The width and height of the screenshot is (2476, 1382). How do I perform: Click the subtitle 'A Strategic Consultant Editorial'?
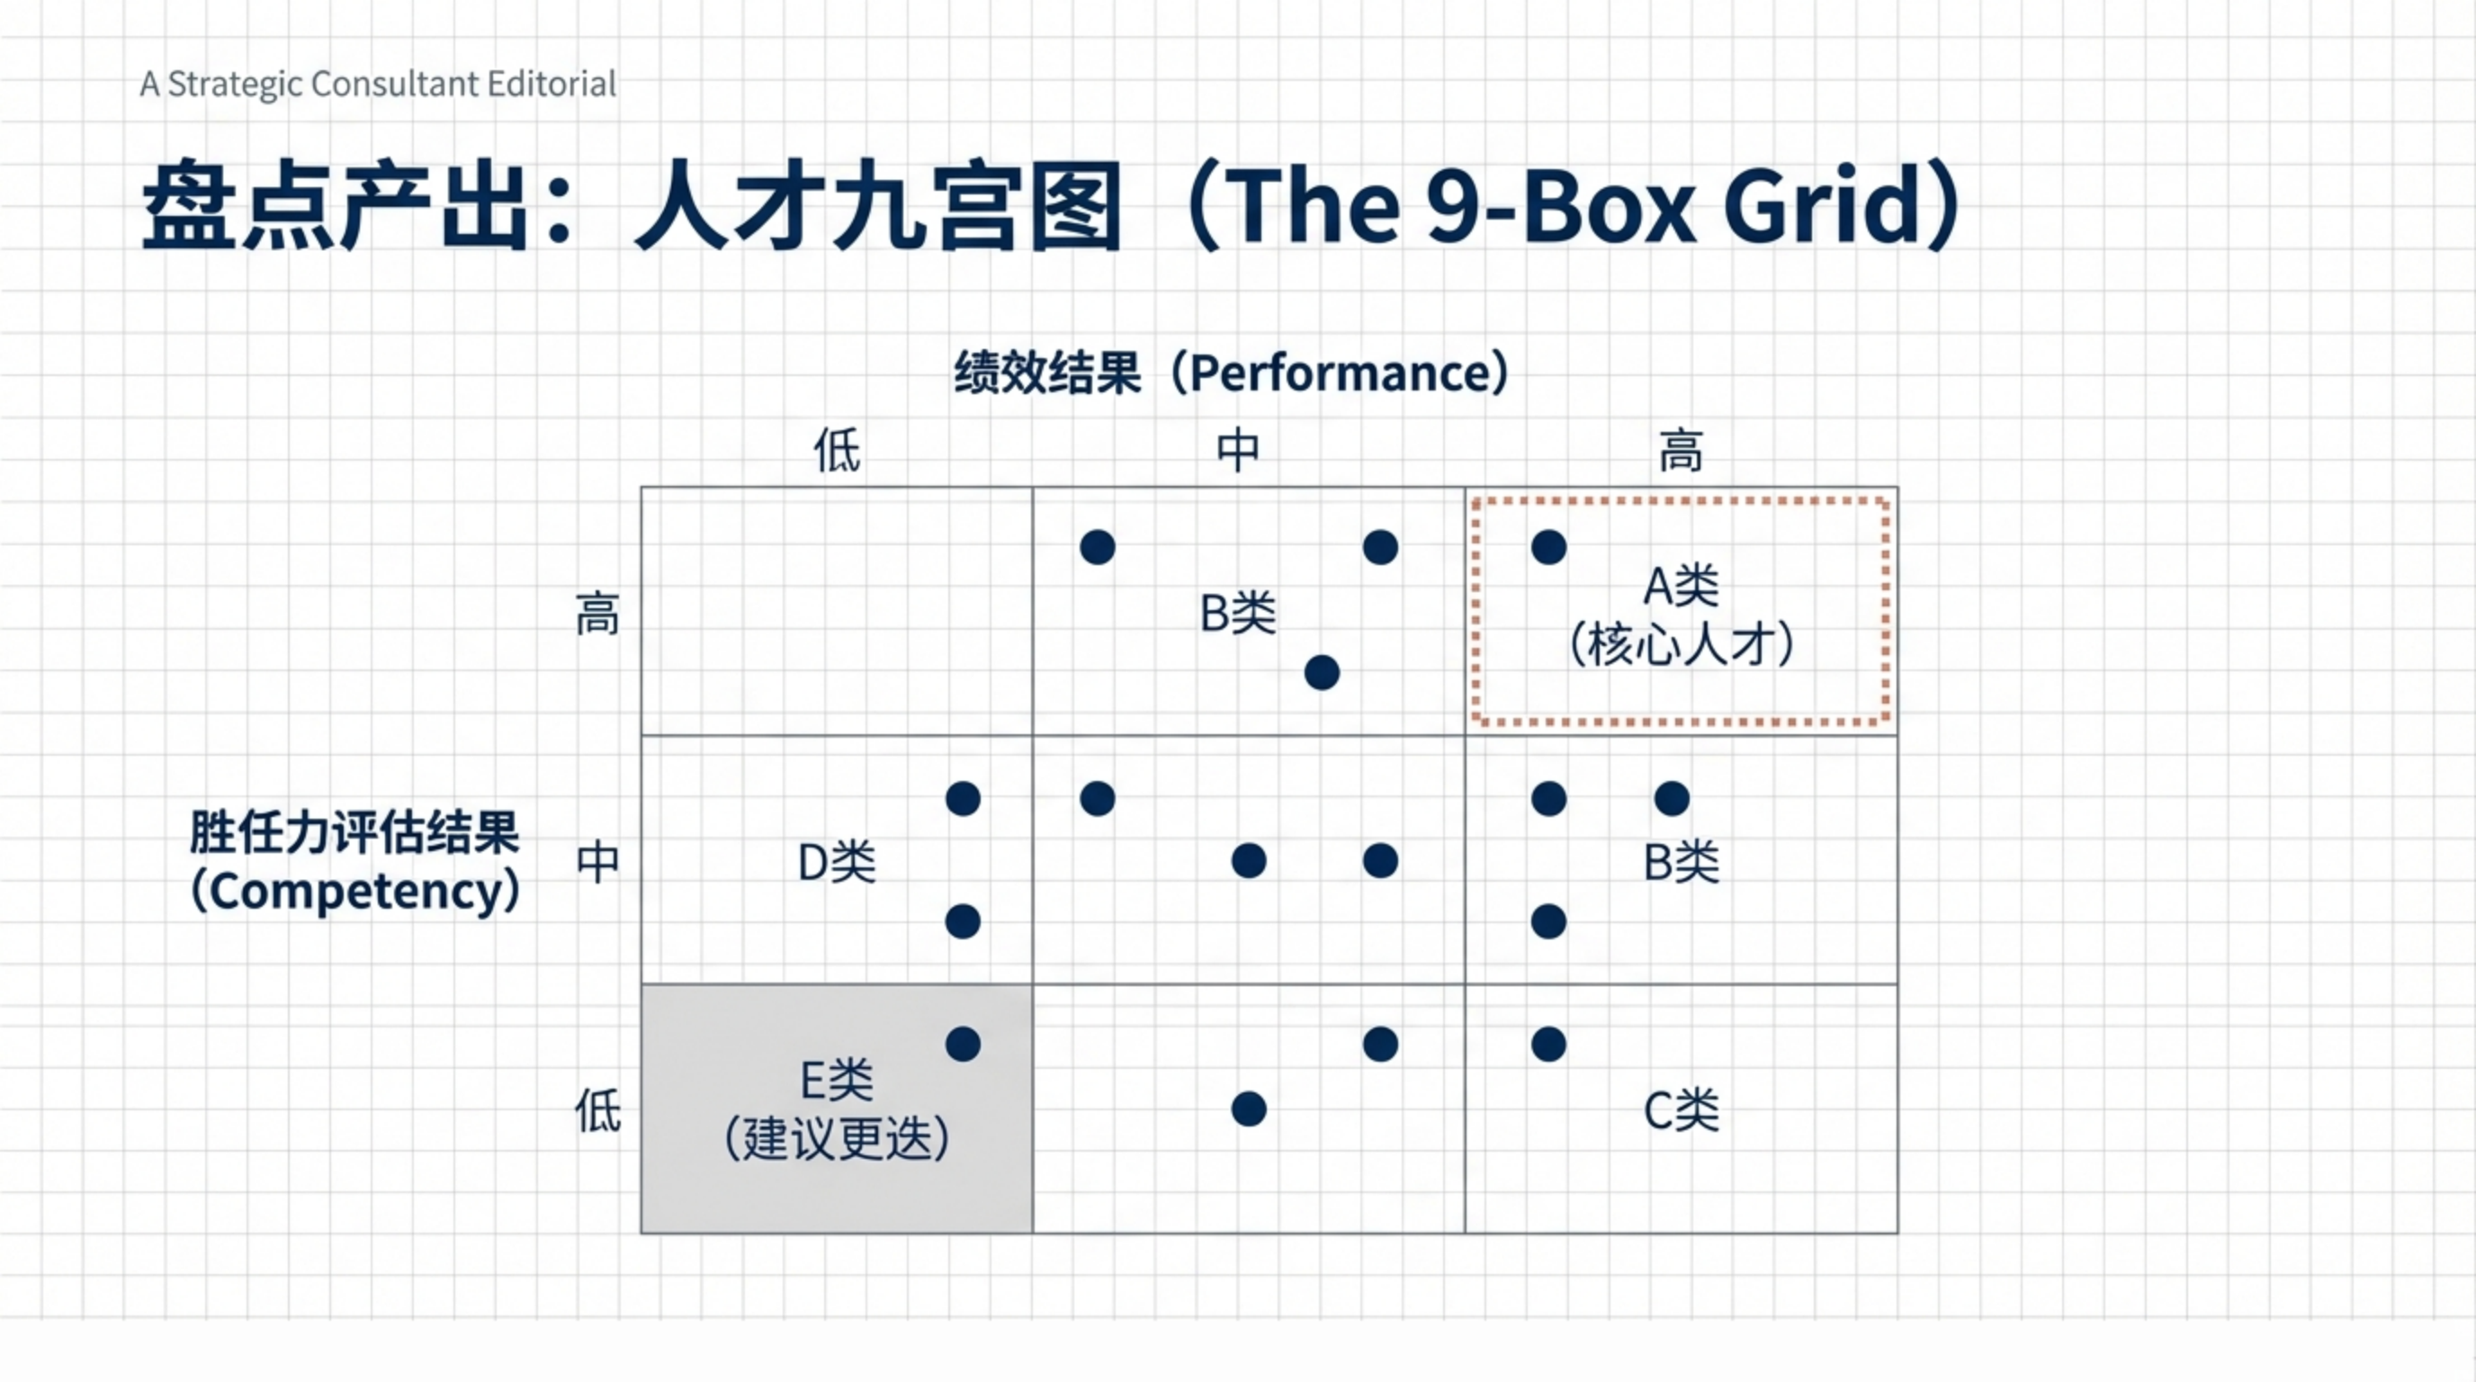[378, 85]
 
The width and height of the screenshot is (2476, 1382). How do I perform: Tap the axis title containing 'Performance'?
[1232, 372]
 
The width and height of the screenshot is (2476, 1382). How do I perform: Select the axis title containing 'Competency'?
[355, 862]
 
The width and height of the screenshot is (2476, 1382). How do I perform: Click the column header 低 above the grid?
[838, 450]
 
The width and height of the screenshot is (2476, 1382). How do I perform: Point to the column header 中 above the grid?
[1238, 450]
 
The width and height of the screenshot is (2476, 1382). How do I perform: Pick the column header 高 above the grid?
[1681, 450]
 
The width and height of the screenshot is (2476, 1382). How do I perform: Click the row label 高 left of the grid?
[597, 615]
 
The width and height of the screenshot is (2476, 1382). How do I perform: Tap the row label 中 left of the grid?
[597, 861]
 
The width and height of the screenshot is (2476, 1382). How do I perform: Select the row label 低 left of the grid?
[597, 1110]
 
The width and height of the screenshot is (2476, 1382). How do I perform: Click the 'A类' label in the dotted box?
[1681, 586]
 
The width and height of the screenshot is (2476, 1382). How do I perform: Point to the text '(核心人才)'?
[1681, 644]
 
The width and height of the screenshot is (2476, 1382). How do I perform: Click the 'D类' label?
[838, 862]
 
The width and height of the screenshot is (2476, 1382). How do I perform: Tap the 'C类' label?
[1681, 1111]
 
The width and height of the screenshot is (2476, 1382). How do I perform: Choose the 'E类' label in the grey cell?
[838, 1081]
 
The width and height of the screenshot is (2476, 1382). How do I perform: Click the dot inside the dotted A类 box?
[1548, 548]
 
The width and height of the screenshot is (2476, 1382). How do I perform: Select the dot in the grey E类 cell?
[962, 1045]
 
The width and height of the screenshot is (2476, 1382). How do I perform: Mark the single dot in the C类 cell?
[1548, 1045]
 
